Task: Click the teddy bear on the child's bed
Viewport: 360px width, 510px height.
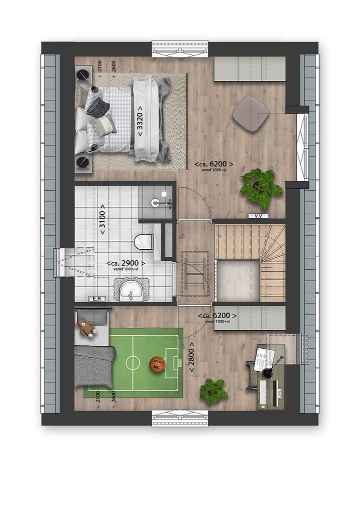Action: pyautogui.click(x=87, y=328)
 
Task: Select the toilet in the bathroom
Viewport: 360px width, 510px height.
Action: pyautogui.click(x=143, y=241)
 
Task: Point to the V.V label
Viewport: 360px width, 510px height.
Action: pyautogui.click(x=258, y=216)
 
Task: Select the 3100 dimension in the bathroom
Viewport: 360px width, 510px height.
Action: pyautogui.click(x=102, y=219)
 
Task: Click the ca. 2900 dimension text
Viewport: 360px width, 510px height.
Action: pyautogui.click(x=125, y=263)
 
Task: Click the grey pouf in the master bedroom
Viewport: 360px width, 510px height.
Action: pyautogui.click(x=250, y=113)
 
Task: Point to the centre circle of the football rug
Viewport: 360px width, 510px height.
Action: pyautogui.click(x=133, y=362)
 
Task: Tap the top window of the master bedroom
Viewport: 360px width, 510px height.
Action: pyautogui.click(x=180, y=49)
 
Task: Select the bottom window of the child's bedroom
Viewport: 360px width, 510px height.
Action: pyautogui.click(x=180, y=418)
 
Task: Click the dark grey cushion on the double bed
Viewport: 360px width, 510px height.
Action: pyautogui.click(x=98, y=106)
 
